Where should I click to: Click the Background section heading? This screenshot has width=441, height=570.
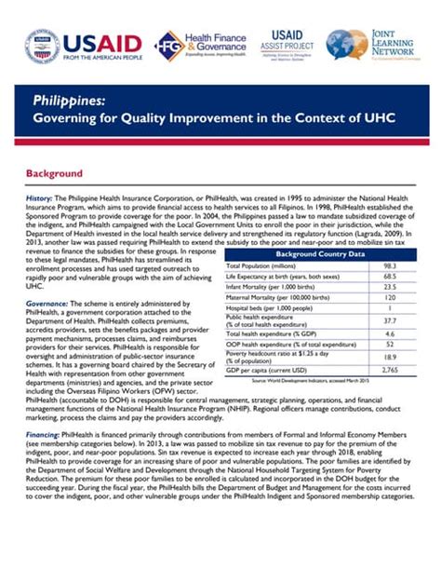[x=54, y=173]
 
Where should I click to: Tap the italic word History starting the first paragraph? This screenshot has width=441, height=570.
[x=38, y=199]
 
